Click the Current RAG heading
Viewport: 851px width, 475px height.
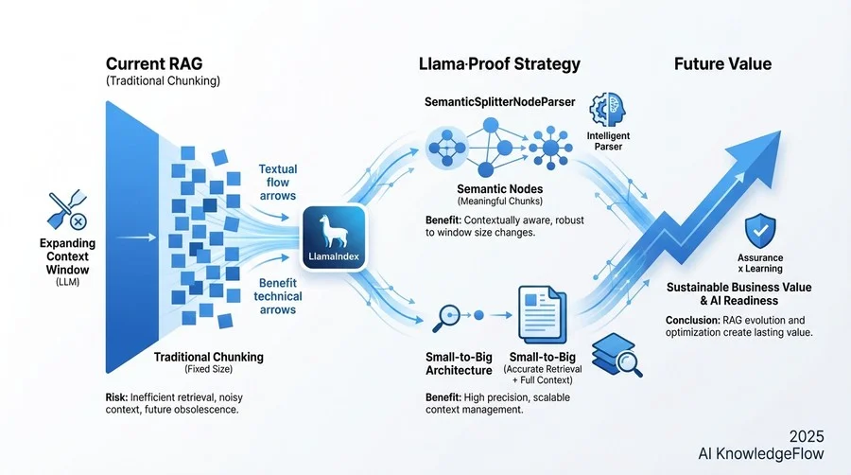154,64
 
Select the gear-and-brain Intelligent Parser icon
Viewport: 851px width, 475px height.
607,110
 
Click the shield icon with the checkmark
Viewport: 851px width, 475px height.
760,231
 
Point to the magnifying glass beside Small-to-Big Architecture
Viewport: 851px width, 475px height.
446,319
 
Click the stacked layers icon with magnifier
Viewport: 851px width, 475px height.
617,355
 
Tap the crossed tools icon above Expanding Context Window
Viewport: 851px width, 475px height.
67,211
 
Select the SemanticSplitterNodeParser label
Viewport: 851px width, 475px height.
500,102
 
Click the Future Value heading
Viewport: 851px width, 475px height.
722,64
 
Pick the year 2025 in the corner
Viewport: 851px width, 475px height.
807,436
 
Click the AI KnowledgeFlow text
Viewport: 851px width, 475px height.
761,454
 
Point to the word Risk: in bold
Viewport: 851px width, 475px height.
116,397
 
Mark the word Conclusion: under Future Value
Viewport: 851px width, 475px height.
693,320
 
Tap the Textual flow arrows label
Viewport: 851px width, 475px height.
277,183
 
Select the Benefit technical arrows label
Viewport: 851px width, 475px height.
277,296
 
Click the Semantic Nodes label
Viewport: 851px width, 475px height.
500,189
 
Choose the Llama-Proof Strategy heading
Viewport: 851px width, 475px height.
499,64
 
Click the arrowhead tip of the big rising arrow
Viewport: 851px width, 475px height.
781,131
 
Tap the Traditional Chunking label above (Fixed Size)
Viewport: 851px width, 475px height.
208,357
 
